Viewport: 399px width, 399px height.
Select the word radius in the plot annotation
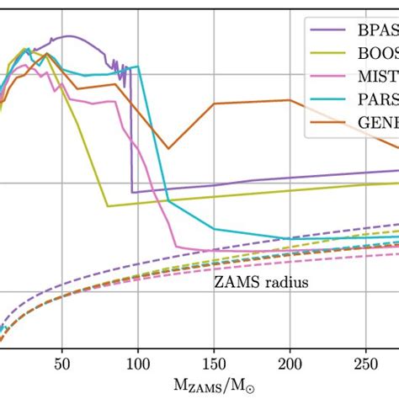[284, 282]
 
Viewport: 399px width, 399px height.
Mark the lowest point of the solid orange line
[168, 149]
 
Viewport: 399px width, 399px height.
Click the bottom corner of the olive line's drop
[107, 205]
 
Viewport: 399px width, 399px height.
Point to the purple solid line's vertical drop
[130, 135]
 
